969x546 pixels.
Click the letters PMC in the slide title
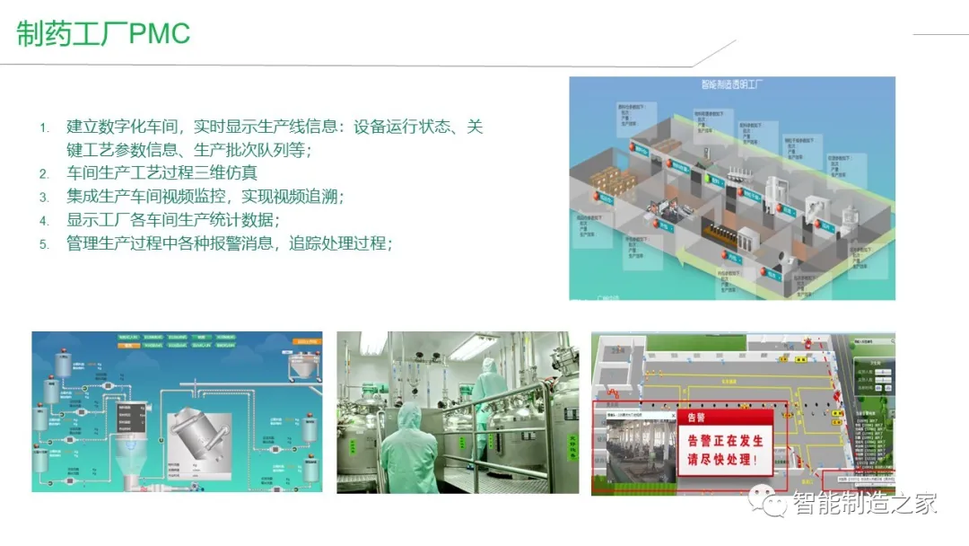point(160,34)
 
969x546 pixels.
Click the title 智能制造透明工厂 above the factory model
point(731,84)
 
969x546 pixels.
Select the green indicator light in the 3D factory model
point(705,178)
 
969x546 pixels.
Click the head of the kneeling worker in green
point(410,414)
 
